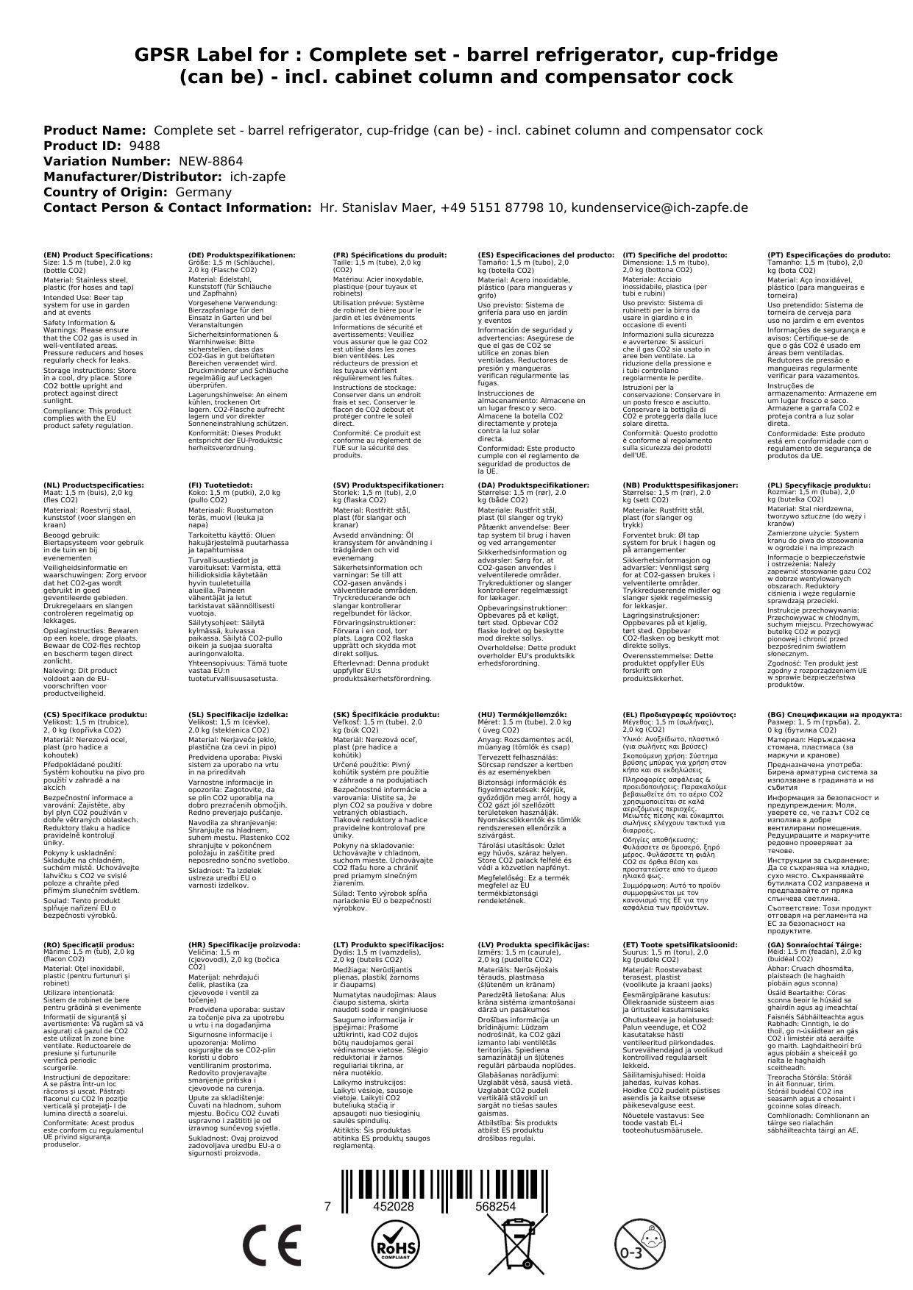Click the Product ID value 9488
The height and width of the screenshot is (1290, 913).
[144, 146]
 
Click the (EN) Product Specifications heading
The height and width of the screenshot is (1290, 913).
[98, 255]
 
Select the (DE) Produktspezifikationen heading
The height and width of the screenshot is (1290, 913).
[242, 255]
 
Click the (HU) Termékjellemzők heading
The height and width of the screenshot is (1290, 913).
[522, 714]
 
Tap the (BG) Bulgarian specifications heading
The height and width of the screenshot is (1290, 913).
[834, 714]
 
